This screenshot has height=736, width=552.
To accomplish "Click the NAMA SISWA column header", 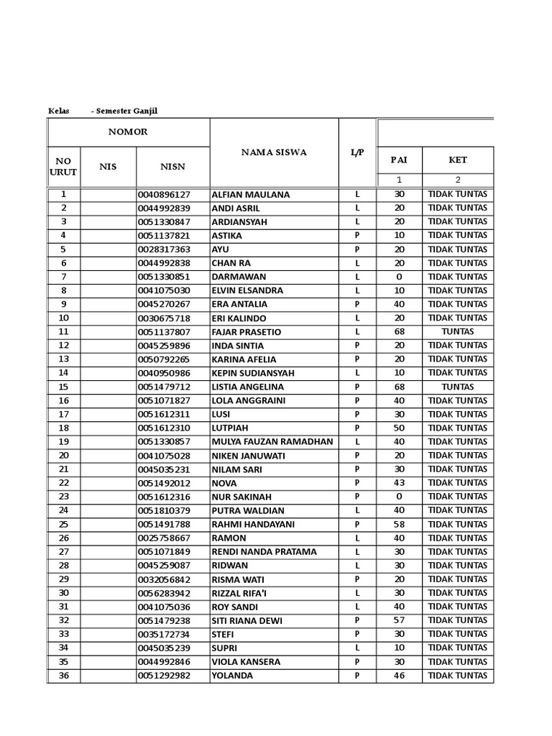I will tap(273, 152).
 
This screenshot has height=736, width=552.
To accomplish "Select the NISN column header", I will tap(172, 167).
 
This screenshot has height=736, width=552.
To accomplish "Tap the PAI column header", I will tap(398, 160).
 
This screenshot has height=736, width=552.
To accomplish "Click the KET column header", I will tap(457, 160).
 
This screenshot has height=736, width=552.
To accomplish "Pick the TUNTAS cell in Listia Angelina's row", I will tap(457, 387).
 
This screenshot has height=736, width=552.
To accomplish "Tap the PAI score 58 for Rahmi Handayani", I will tap(399, 524).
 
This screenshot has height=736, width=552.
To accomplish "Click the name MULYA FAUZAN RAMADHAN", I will tap(272, 442).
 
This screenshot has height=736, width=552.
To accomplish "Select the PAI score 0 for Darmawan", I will tap(399, 277).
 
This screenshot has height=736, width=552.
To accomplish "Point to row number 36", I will tap(63, 675).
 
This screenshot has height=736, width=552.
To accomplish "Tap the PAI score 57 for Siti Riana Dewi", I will tap(399, 620).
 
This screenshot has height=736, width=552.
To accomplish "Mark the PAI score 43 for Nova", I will tap(399, 483).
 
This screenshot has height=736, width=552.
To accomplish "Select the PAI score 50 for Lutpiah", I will tap(399, 428).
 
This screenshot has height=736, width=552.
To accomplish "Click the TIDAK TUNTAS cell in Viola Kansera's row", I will tap(457, 661).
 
